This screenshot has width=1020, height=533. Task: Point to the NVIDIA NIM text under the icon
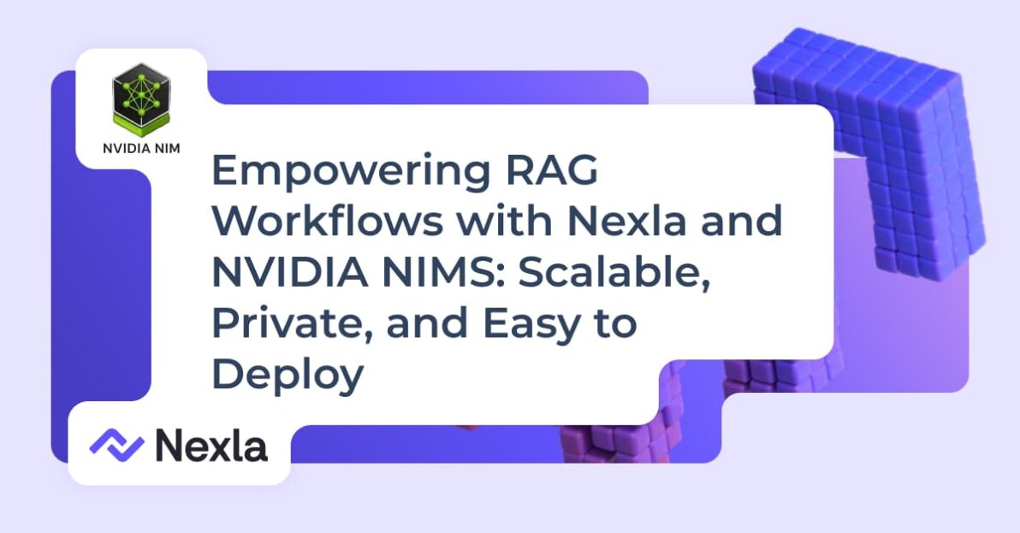[x=141, y=147]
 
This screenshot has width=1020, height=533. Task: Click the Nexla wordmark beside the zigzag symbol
[x=211, y=445]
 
